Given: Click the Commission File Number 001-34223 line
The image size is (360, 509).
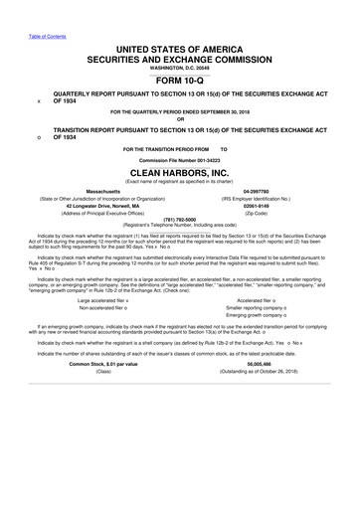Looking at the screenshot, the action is coord(179,158).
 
